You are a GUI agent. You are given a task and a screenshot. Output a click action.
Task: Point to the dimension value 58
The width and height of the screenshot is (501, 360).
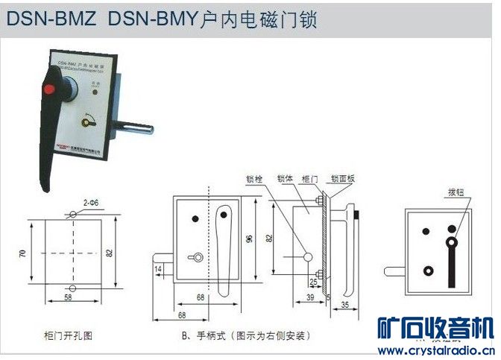tap(69, 298)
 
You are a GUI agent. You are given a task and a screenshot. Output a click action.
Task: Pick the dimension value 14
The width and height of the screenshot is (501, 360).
tap(159, 268)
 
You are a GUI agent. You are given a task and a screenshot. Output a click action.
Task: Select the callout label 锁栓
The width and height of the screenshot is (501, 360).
tap(255, 179)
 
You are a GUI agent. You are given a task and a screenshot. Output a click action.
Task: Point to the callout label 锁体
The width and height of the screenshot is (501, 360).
tap(284, 179)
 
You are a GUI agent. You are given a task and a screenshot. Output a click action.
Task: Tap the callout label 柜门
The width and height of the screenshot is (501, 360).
tap(309, 179)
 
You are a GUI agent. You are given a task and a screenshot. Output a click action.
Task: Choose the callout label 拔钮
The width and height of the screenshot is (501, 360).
tap(457, 191)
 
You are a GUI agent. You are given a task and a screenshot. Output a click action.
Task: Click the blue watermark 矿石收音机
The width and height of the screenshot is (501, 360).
tap(435, 329)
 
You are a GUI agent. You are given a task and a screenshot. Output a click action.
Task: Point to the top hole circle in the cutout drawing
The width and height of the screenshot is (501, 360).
tap(72, 215)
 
